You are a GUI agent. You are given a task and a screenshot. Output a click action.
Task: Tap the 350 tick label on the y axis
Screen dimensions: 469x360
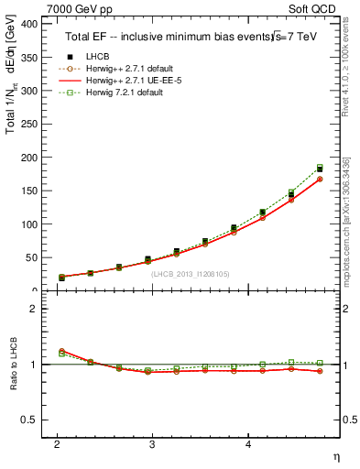[x=28, y=58]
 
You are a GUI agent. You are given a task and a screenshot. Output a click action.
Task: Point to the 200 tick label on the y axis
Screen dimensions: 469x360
[x=28, y=158]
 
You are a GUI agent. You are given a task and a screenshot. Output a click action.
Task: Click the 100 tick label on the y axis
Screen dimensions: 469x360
[x=28, y=224]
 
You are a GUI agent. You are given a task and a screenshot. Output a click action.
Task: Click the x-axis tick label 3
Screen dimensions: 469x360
[x=153, y=443]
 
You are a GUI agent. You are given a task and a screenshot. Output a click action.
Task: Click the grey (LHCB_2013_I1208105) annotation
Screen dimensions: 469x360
[x=189, y=274]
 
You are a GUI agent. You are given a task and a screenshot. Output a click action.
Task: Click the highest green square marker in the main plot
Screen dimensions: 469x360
[x=320, y=168]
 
